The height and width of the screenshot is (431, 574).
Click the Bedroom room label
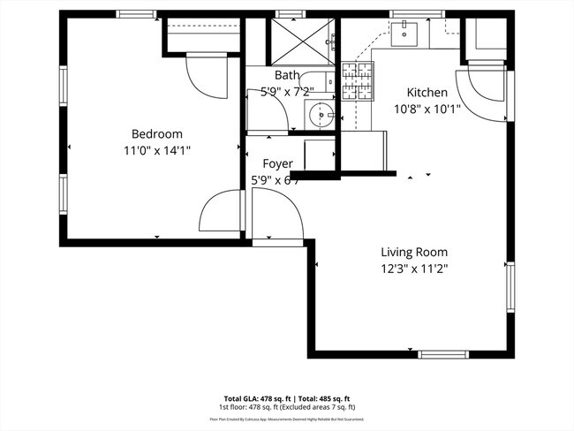pos(157,133)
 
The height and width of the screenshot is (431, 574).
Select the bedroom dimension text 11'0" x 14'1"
pos(157,150)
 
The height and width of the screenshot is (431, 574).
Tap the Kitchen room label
pos(427,93)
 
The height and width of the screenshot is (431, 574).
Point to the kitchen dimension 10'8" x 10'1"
pos(427,110)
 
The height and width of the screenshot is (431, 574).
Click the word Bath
pos(287,76)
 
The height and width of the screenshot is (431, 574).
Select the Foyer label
pos(278,163)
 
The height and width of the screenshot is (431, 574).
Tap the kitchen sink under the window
pos(407,34)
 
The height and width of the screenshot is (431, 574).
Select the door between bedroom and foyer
pos(223,215)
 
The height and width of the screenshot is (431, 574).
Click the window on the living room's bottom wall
pos(444,354)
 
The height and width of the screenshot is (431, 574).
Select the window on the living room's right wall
pos(509,287)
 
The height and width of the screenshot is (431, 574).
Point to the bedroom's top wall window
pos(136,14)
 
